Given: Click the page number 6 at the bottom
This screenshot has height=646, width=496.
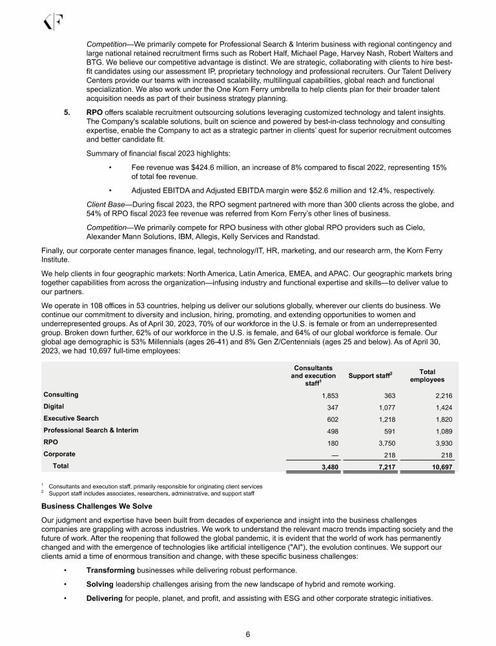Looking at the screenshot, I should pos(248,633).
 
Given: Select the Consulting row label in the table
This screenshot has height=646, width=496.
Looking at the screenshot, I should pos(61,394).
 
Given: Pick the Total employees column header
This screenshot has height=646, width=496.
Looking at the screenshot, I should pos(426,376).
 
